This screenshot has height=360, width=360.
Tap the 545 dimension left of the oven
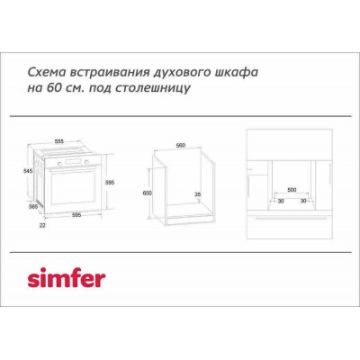tap(29, 169)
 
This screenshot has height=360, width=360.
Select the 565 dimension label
tap(33, 206)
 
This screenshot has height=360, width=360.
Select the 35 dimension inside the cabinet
tap(197, 194)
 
